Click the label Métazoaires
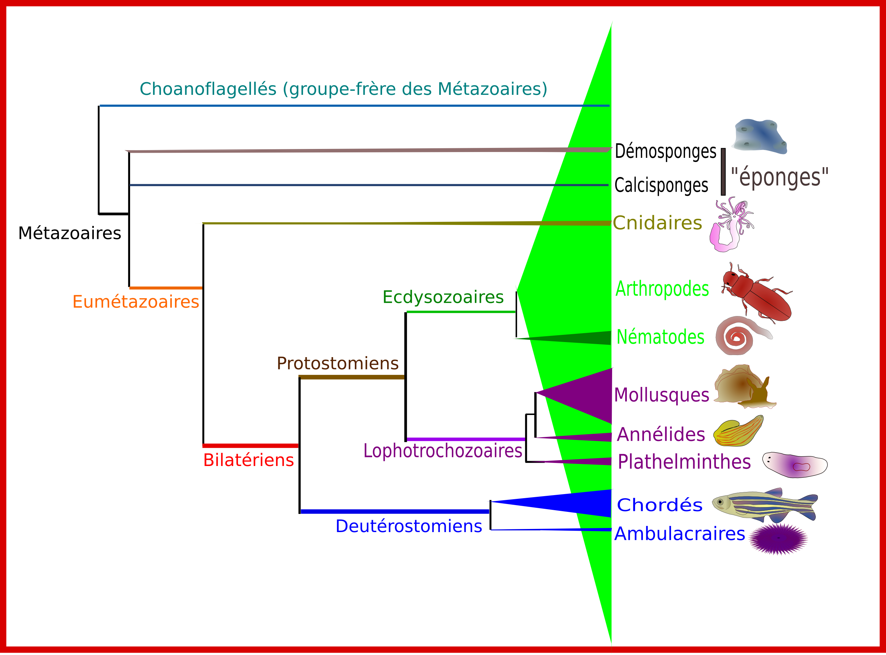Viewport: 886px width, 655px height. (x=69, y=233)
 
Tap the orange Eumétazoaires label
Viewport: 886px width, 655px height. (x=136, y=302)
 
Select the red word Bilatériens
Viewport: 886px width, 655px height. (x=248, y=460)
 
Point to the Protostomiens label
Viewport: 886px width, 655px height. (x=337, y=363)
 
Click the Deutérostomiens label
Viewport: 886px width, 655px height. (x=408, y=527)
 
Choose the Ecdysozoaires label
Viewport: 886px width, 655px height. (x=442, y=297)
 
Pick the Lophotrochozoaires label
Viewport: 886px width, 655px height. (x=442, y=451)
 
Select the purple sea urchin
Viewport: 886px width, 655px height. (x=778, y=539)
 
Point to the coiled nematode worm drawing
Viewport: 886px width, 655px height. (x=739, y=336)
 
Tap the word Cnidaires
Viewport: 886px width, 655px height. (x=657, y=223)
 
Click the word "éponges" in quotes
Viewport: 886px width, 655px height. (x=780, y=177)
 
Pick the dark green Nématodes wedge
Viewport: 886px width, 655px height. (x=587, y=338)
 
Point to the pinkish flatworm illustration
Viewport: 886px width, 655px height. (x=795, y=465)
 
